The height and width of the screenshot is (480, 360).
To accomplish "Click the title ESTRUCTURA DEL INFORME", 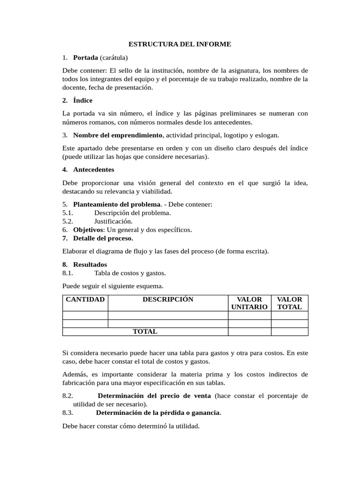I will pos(180,45).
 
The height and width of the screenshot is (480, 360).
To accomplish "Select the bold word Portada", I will pos(85,58).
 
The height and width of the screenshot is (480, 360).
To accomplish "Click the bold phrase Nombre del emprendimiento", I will pos(118,135).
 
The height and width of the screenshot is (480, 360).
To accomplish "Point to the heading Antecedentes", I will pos(93,170).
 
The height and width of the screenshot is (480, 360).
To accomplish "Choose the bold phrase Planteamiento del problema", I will pos(117,204).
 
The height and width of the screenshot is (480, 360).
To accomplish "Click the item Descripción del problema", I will pos(132,213).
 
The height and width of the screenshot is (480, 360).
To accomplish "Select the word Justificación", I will pos(113,221).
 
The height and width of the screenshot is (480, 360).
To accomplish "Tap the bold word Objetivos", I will pos(88,230).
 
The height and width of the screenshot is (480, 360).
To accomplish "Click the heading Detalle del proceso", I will pos(103,238).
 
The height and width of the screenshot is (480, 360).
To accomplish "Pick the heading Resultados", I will pos(90,264).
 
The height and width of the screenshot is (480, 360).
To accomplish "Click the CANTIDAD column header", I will pos(85,300).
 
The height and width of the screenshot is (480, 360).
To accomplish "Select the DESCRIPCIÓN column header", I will pos(168,300).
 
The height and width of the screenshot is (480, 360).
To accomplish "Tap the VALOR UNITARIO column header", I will pos(249,303).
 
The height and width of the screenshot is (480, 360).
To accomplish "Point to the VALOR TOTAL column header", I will pos(290,303).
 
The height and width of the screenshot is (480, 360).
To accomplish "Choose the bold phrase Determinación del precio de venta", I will pos(154,396).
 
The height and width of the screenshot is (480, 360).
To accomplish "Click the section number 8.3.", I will pos(68,413).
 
